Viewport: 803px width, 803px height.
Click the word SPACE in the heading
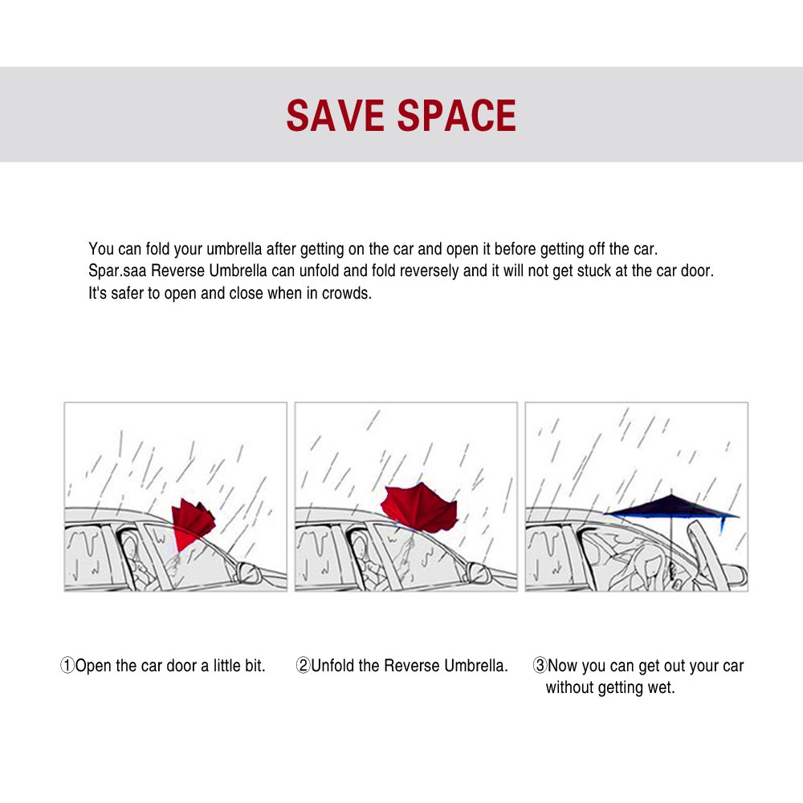457,116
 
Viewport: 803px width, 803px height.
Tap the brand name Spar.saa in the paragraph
115,271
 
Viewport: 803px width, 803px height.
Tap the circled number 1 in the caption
67,666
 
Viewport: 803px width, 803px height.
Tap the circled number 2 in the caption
303,666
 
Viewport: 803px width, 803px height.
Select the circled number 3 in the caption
540,666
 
